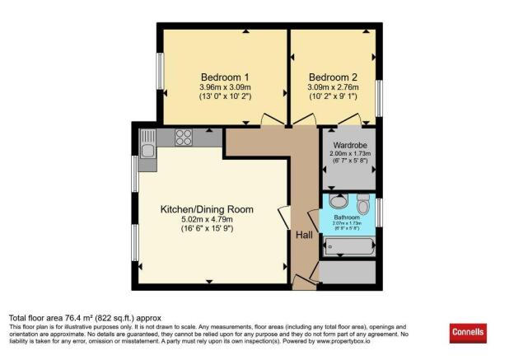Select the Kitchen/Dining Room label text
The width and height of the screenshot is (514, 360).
pyautogui.click(x=208, y=209)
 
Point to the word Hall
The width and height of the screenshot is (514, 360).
pyautogui.click(x=303, y=236)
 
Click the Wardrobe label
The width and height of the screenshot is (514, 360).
pyautogui.click(x=349, y=145)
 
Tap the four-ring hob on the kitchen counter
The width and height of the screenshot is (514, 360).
pyautogui.click(x=183, y=138)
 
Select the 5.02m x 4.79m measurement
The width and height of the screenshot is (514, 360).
pyautogui.click(x=208, y=219)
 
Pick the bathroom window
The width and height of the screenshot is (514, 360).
pyautogui.click(x=379, y=211)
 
